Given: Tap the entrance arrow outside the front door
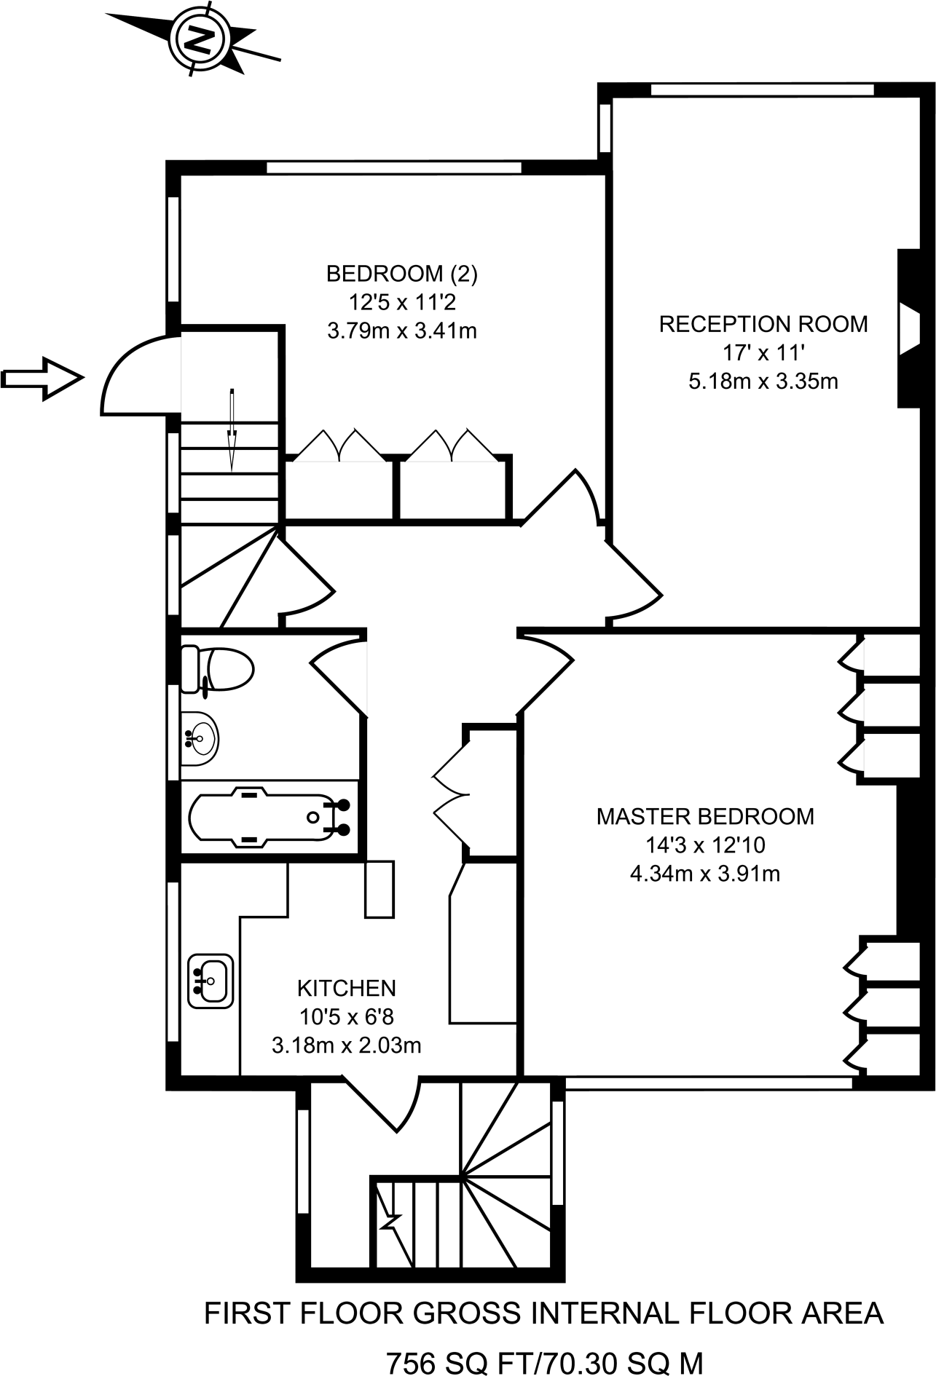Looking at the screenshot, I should pos(42,378).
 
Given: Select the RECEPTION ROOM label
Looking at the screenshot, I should pos(763,324).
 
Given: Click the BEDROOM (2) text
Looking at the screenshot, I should pos(401,274).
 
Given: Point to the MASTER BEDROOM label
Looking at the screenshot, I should pos(704,816).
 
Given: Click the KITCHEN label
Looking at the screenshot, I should pos(346,988).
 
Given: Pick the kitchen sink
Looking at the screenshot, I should pos(211,981).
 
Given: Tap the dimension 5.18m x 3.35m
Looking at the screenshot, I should pos(763,381).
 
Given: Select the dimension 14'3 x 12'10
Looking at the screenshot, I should pos(704,845).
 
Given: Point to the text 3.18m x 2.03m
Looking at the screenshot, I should pos(346,1045).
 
